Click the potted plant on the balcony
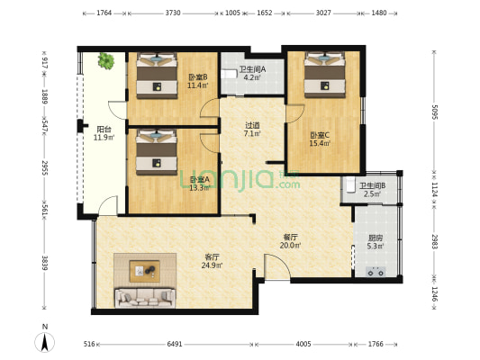click(x=106, y=61)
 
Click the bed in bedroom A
click(x=155, y=152)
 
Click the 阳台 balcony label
click(x=104, y=129)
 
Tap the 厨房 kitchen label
click(x=376, y=238)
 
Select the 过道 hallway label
click(x=253, y=125)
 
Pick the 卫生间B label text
click(x=372, y=185)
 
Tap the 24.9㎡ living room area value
click(x=212, y=265)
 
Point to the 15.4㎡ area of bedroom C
click(x=320, y=142)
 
